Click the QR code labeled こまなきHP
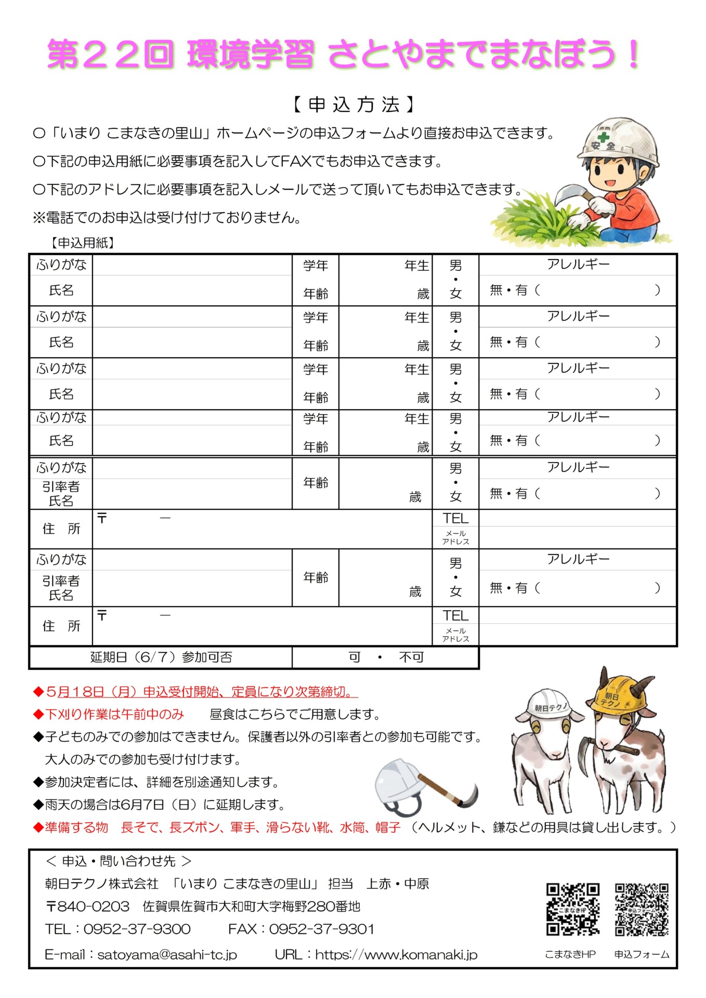point(572,909)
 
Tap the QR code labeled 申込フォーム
point(642,909)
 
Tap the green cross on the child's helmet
point(603,137)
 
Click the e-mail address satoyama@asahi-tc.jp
point(167,954)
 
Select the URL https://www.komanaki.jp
point(396,954)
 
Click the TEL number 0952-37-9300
point(137,929)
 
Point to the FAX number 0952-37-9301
point(321,929)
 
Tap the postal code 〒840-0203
point(87,907)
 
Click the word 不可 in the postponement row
point(411,658)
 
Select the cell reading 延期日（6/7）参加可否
point(161,658)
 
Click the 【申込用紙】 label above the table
point(82,243)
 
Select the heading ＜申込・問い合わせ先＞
point(119,861)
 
